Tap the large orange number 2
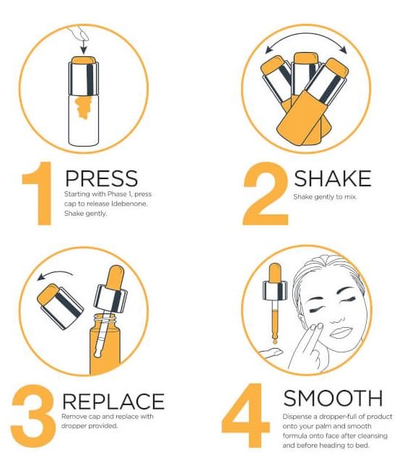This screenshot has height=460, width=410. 266,194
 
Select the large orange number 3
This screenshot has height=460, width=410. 33,416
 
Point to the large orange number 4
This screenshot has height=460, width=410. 245,416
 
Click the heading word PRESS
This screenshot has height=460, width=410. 101,178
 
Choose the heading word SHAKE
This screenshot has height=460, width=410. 332,178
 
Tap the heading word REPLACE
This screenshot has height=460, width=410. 113,401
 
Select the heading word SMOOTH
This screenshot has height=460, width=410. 333,398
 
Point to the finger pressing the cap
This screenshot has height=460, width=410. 79,33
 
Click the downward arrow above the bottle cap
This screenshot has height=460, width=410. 84,47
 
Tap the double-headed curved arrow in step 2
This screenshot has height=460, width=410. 306,37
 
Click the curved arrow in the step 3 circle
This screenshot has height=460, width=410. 56,274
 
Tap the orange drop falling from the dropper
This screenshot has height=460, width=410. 275,342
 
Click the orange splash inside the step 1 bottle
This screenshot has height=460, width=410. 83,108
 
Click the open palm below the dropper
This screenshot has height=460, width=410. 271,352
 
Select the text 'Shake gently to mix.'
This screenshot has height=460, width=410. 325,197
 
